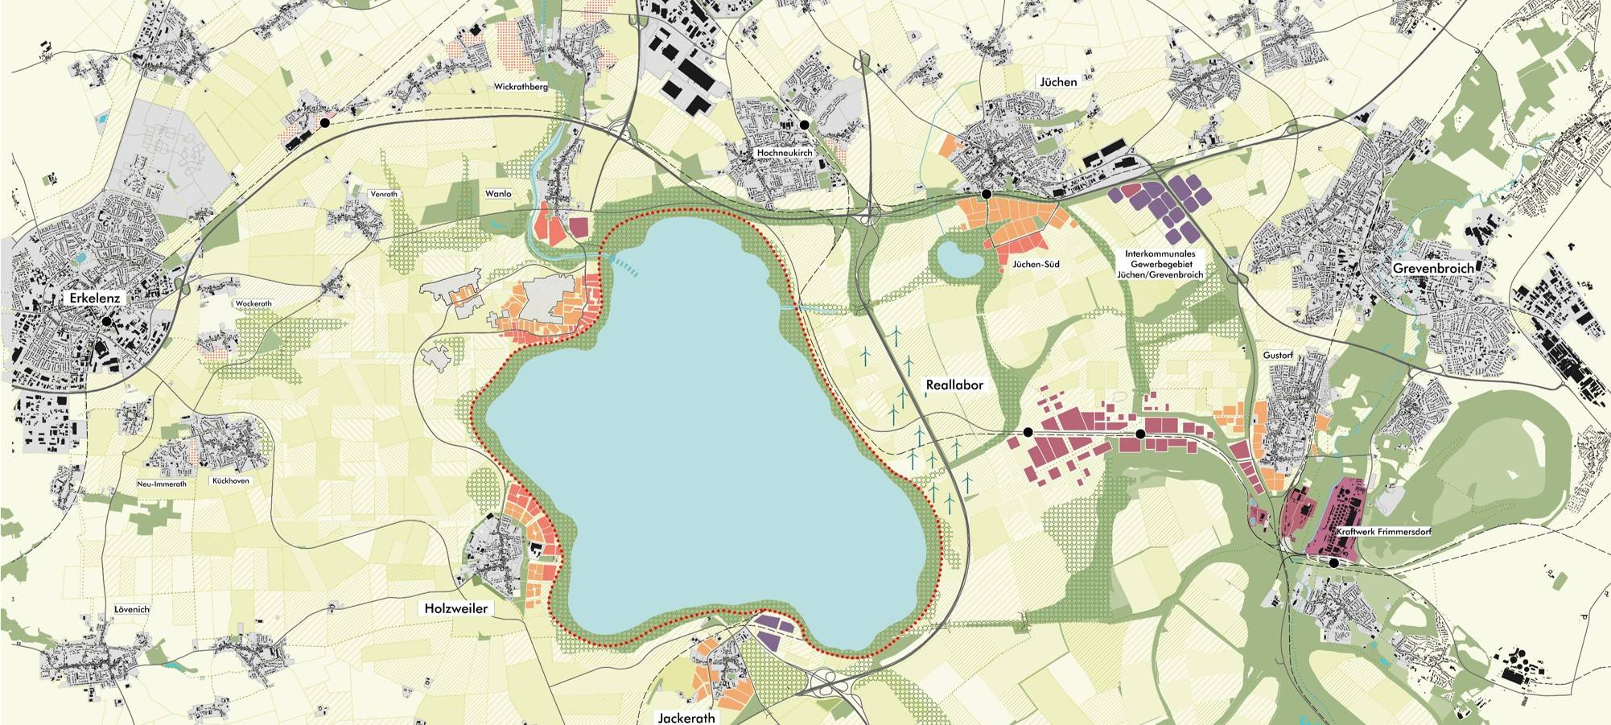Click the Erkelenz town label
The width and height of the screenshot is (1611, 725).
click(x=94, y=298)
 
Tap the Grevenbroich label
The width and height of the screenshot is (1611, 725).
click(x=1433, y=268)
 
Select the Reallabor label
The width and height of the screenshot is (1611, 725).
click(x=954, y=385)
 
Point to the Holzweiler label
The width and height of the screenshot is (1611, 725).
click(x=455, y=608)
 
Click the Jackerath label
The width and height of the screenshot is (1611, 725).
click(x=686, y=717)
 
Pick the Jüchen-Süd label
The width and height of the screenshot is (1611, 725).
click(x=1036, y=264)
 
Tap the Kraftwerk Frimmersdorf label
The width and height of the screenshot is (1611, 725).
click(x=1383, y=532)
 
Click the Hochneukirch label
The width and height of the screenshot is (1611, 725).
click(x=785, y=153)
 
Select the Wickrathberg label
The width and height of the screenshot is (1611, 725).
click(x=521, y=86)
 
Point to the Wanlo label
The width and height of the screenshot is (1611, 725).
click(x=498, y=194)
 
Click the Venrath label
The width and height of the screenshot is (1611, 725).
click(x=384, y=194)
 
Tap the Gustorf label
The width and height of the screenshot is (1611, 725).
click(x=1278, y=355)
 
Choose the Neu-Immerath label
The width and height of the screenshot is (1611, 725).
click(x=162, y=484)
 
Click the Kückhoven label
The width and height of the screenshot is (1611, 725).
click(x=230, y=480)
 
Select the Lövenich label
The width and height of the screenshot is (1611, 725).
click(x=132, y=609)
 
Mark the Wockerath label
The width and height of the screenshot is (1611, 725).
click(x=253, y=304)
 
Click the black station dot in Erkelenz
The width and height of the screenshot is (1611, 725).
click(x=105, y=320)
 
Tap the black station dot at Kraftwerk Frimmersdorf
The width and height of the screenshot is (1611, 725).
click(x=1334, y=563)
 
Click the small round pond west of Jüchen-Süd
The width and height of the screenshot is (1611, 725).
click(x=958, y=259)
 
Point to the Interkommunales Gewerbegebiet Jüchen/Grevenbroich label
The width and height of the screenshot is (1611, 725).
click(x=1160, y=264)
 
